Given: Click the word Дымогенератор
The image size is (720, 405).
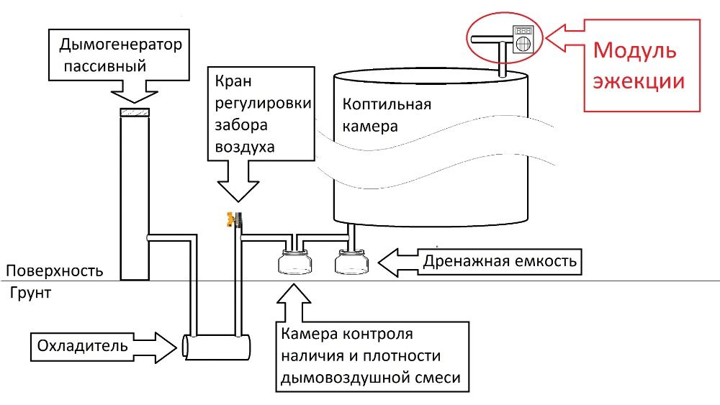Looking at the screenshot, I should pyautogui.click(x=120, y=45).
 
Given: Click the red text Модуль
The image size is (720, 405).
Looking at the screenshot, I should pyautogui.click(x=634, y=52).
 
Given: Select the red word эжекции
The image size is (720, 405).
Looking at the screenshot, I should pyautogui.click(x=638, y=81).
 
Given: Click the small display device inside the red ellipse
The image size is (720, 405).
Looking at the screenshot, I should pyautogui.click(x=524, y=37).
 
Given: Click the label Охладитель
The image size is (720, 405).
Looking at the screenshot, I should pyautogui.click(x=81, y=346).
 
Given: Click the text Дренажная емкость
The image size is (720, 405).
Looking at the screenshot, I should pyautogui.click(x=500, y=260).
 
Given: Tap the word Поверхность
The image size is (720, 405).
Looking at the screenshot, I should pyautogui.click(x=54, y=272).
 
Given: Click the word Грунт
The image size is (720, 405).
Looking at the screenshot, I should pyautogui.click(x=31, y=293).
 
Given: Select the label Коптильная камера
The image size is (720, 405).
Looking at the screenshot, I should pyautogui.click(x=387, y=115).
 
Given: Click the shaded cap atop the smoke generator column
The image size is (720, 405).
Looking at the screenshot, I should pyautogui.click(x=134, y=112).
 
